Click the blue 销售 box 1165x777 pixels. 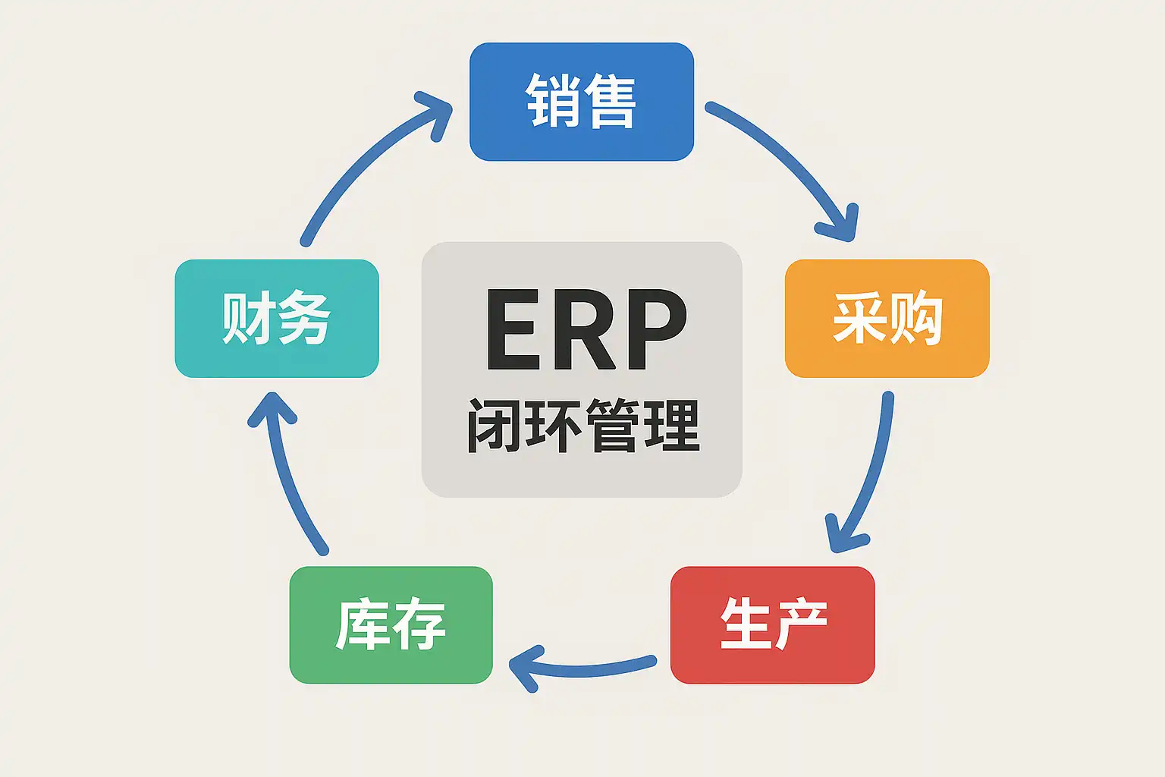582,102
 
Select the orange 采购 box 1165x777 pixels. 887,318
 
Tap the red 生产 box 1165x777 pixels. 772,624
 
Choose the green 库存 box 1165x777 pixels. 391,624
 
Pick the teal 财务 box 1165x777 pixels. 277,318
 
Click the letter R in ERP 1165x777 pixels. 582,330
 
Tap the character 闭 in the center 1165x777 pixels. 493,426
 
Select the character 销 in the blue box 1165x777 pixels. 553,102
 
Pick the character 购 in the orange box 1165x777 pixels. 915,318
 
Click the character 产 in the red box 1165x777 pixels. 801,624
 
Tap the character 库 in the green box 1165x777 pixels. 363,624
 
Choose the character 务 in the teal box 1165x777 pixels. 305,318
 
